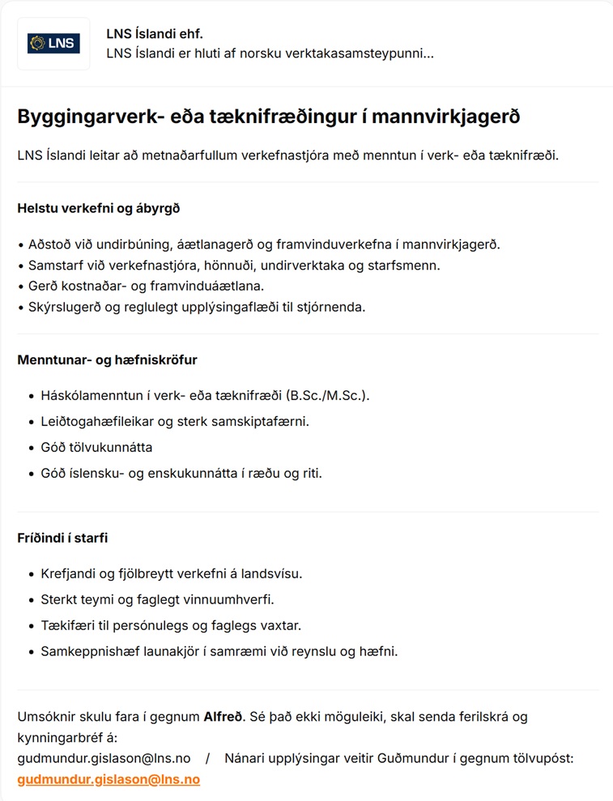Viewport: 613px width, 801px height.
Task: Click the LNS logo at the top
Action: coord(53,44)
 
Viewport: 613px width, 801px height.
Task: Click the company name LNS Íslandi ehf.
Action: coord(154,34)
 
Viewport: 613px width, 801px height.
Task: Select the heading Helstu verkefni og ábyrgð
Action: coord(98,208)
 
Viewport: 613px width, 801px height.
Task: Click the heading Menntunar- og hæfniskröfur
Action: coord(107,360)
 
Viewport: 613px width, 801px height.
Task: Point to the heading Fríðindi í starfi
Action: coord(62,538)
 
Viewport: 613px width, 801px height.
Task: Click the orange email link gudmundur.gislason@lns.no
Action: coord(109,780)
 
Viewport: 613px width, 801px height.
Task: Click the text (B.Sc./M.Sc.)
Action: coord(329,395)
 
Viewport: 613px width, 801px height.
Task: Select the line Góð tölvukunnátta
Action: coord(96,447)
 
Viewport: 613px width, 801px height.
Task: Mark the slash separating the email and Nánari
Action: coord(207,759)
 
